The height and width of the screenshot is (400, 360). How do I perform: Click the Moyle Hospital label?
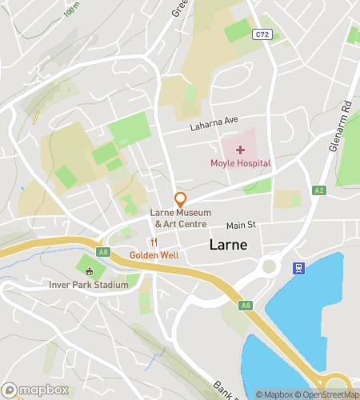[240, 164]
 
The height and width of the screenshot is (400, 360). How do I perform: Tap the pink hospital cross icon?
[240, 150]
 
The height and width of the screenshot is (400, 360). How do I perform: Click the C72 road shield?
[261, 34]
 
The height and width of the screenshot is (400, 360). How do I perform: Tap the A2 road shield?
[319, 190]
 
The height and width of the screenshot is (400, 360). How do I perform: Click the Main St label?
[240, 226]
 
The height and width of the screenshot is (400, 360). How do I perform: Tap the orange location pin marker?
[181, 200]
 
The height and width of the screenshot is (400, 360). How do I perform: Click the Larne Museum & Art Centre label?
[181, 218]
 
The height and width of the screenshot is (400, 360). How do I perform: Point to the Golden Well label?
[154, 255]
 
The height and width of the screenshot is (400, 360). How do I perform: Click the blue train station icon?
[298, 268]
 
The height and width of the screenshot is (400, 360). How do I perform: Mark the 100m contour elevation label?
[72, 10]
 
